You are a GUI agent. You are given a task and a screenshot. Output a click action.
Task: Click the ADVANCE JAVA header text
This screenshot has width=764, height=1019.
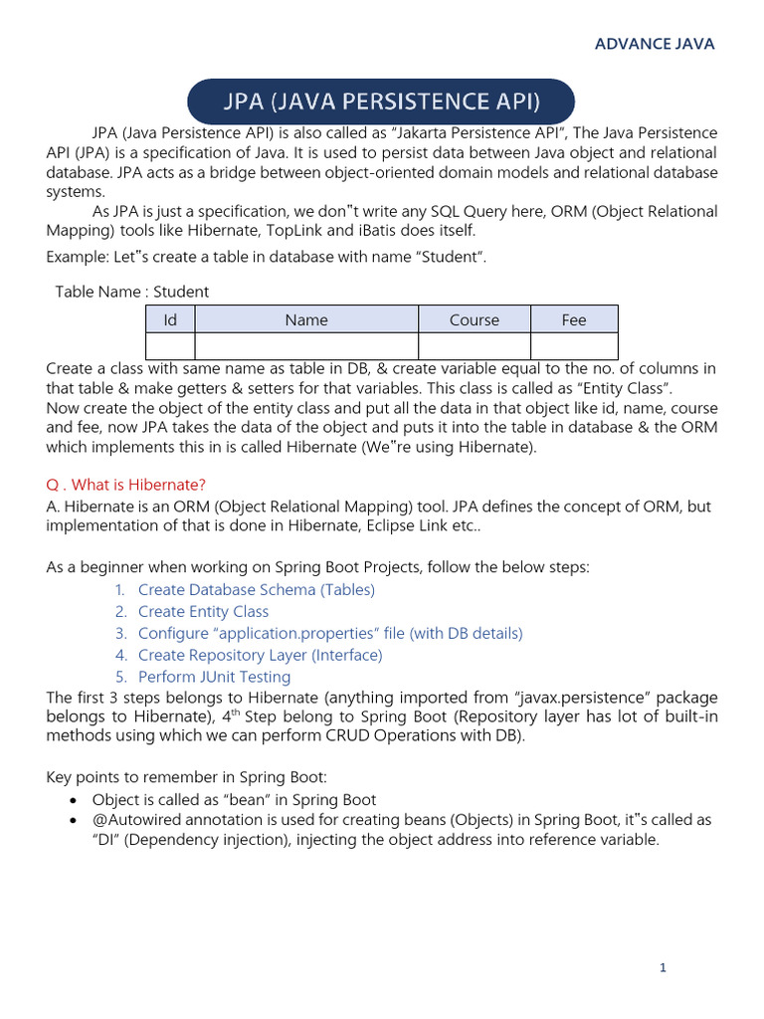click(x=654, y=44)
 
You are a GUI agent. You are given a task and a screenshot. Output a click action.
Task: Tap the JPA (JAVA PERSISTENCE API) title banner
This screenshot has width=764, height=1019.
click(x=381, y=102)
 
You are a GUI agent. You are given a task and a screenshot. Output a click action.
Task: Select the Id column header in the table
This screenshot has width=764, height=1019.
click(x=170, y=319)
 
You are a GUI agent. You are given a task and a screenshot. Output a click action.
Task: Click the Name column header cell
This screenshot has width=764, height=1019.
click(x=306, y=319)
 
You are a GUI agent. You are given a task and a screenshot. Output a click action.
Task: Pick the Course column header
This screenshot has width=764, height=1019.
click(x=475, y=319)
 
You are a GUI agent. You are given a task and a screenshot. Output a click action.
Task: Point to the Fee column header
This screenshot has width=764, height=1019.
click(x=574, y=319)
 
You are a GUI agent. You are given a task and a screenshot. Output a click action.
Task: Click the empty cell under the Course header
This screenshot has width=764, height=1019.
click(x=475, y=345)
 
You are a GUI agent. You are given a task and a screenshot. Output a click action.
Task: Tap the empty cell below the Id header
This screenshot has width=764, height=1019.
click(x=170, y=345)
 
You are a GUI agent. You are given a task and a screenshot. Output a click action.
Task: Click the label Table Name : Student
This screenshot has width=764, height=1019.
click(x=132, y=292)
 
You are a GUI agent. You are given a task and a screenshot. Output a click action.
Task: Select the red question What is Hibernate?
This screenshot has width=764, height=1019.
click(x=126, y=485)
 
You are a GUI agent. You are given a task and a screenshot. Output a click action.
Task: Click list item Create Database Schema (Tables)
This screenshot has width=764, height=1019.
click(x=256, y=590)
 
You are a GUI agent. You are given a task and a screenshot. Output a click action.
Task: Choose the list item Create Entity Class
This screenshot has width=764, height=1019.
click(x=203, y=612)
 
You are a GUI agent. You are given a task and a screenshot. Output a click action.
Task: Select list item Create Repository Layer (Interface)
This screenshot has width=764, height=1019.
click(x=260, y=656)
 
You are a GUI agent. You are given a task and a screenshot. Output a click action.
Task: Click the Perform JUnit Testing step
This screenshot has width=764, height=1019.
click(x=214, y=678)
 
